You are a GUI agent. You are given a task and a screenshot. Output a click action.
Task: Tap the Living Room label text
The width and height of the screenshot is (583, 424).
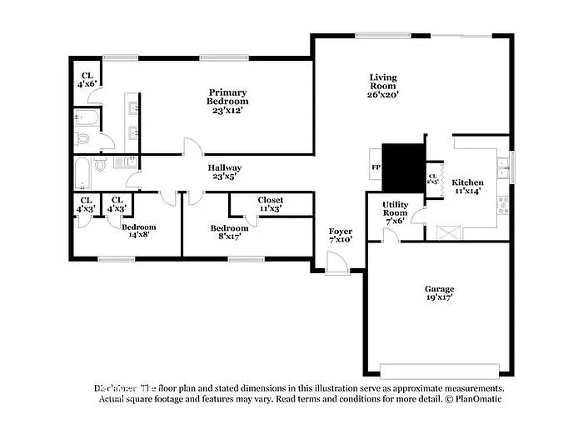[x=383, y=86]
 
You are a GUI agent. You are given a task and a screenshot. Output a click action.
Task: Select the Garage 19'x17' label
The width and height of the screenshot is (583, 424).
[x=439, y=292]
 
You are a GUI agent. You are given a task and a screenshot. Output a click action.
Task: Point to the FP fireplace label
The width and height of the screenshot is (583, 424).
[x=375, y=167]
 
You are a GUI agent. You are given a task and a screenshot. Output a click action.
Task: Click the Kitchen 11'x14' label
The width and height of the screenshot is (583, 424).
[x=467, y=186]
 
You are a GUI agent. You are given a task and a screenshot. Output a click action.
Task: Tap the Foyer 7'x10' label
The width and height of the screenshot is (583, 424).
[x=341, y=236]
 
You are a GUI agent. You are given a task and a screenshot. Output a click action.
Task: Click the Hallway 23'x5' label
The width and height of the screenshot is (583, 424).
[x=225, y=172]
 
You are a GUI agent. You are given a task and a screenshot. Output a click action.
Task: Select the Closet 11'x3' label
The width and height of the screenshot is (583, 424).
[x=270, y=204]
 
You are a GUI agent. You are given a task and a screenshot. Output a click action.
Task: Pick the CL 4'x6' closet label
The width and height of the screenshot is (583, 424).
[x=87, y=79]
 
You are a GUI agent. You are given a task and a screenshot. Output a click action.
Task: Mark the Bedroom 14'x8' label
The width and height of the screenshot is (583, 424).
[x=138, y=231]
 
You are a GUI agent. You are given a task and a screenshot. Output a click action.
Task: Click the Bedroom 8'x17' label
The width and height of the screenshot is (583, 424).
[x=229, y=232]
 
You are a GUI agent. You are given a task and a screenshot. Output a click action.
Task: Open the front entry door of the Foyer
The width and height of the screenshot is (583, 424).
[x=336, y=264]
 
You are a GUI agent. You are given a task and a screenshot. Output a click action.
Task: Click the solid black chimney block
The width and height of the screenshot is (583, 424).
[x=403, y=166]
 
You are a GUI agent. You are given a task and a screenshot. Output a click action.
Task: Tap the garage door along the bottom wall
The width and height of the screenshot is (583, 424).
[x=439, y=369]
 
